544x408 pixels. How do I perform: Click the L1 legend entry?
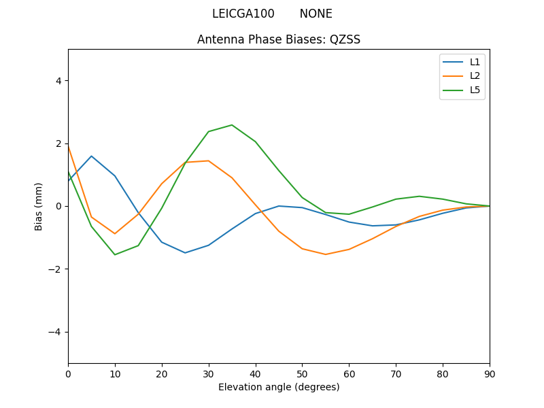pyautogui.click(x=475, y=62)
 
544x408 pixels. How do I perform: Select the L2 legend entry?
pyautogui.click(x=475, y=76)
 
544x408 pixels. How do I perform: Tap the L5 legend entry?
pyautogui.click(x=475, y=90)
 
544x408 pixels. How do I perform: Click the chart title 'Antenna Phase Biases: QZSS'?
pyautogui.click(x=279, y=39)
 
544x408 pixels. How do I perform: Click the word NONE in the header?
pyautogui.click(x=316, y=14)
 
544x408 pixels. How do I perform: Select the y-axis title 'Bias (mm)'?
pyautogui.click(x=39, y=206)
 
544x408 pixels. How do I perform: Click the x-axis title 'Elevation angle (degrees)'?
pyautogui.click(x=279, y=387)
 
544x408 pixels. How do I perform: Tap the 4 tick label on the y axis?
pyautogui.click(x=58, y=80)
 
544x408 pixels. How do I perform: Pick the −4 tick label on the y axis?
pyautogui.click(x=55, y=332)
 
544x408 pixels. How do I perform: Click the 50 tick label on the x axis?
pyautogui.click(x=302, y=373)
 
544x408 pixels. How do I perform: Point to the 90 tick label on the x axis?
pyautogui.click(x=490, y=373)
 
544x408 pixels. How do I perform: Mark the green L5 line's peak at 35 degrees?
pyautogui.click(x=232, y=125)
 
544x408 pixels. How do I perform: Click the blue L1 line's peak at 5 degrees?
pyautogui.click(x=91, y=156)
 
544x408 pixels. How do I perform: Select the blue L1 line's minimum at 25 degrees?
pyautogui.click(x=185, y=253)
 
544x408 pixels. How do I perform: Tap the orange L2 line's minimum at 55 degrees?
pyautogui.click(x=326, y=254)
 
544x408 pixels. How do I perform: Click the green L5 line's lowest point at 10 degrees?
pyautogui.click(x=115, y=254)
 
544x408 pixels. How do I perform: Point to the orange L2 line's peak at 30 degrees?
pyautogui.click(x=208, y=160)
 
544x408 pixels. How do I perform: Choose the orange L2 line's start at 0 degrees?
pyautogui.click(x=69, y=146)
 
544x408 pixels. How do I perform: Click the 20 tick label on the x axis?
pyautogui.click(x=162, y=373)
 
